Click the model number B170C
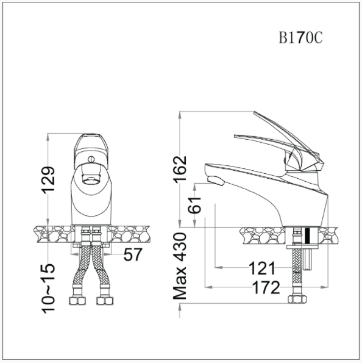300,38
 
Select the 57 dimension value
133,254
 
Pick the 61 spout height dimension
195,208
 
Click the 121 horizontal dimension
263,268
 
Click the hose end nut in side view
296,301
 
